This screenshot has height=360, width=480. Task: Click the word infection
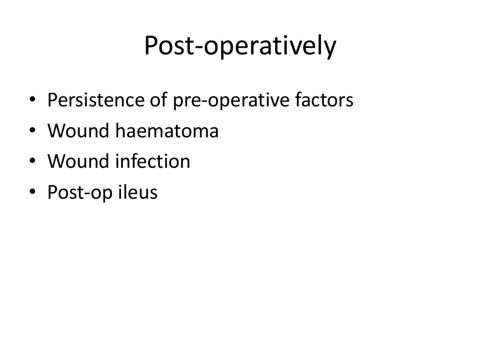(153, 162)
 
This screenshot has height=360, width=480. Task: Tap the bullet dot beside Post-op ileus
(31, 193)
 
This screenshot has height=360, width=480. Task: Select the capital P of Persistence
(52, 100)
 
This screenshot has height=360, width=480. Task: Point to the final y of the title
(330, 50)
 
